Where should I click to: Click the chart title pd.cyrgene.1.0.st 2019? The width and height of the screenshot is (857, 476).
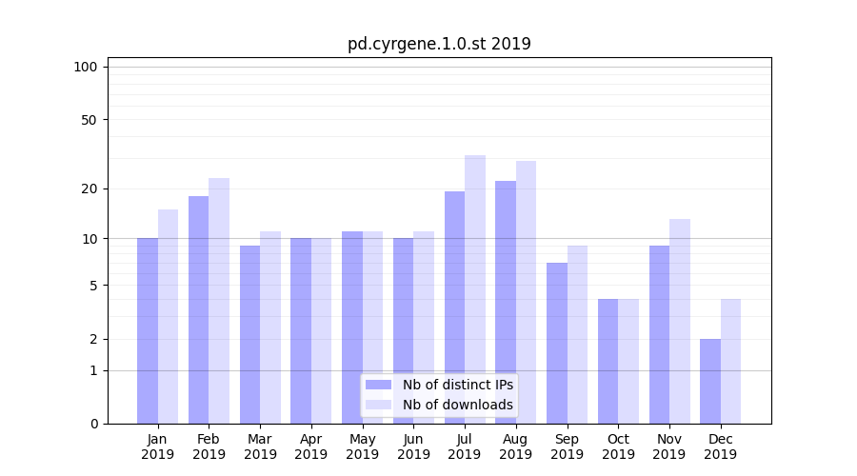(x=439, y=44)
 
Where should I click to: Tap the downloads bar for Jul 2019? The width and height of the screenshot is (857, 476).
(x=475, y=289)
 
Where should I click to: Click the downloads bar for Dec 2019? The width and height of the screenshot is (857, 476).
(x=730, y=361)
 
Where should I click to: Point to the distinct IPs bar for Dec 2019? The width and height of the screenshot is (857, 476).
(x=710, y=381)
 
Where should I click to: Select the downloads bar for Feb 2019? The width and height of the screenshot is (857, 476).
(x=219, y=301)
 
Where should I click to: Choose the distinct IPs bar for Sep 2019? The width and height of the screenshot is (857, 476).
(x=557, y=343)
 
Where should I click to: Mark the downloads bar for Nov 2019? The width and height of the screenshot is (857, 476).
(x=680, y=321)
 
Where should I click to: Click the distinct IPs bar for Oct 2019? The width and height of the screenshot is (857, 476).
(x=608, y=361)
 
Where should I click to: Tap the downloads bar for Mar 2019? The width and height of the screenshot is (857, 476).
(x=270, y=327)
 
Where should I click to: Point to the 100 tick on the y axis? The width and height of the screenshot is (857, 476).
(x=86, y=67)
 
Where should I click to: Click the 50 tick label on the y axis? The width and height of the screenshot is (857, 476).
(x=89, y=120)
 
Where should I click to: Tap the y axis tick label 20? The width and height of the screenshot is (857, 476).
(x=89, y=188)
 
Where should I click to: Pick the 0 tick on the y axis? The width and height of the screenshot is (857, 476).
(x=92, y=424)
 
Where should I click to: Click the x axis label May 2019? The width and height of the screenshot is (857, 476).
(x=362, y=446)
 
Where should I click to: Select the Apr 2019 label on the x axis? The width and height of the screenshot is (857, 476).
(x=311, y=446)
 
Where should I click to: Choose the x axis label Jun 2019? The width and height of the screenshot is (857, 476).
(x=413, y=446)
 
